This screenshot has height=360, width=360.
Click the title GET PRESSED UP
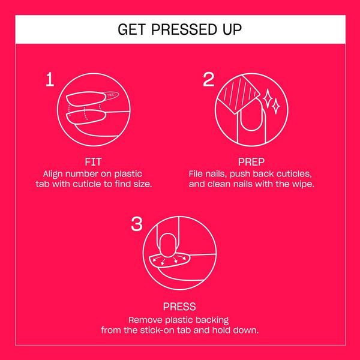(x=180, y=29)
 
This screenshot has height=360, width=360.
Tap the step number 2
(x=208, y=79)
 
